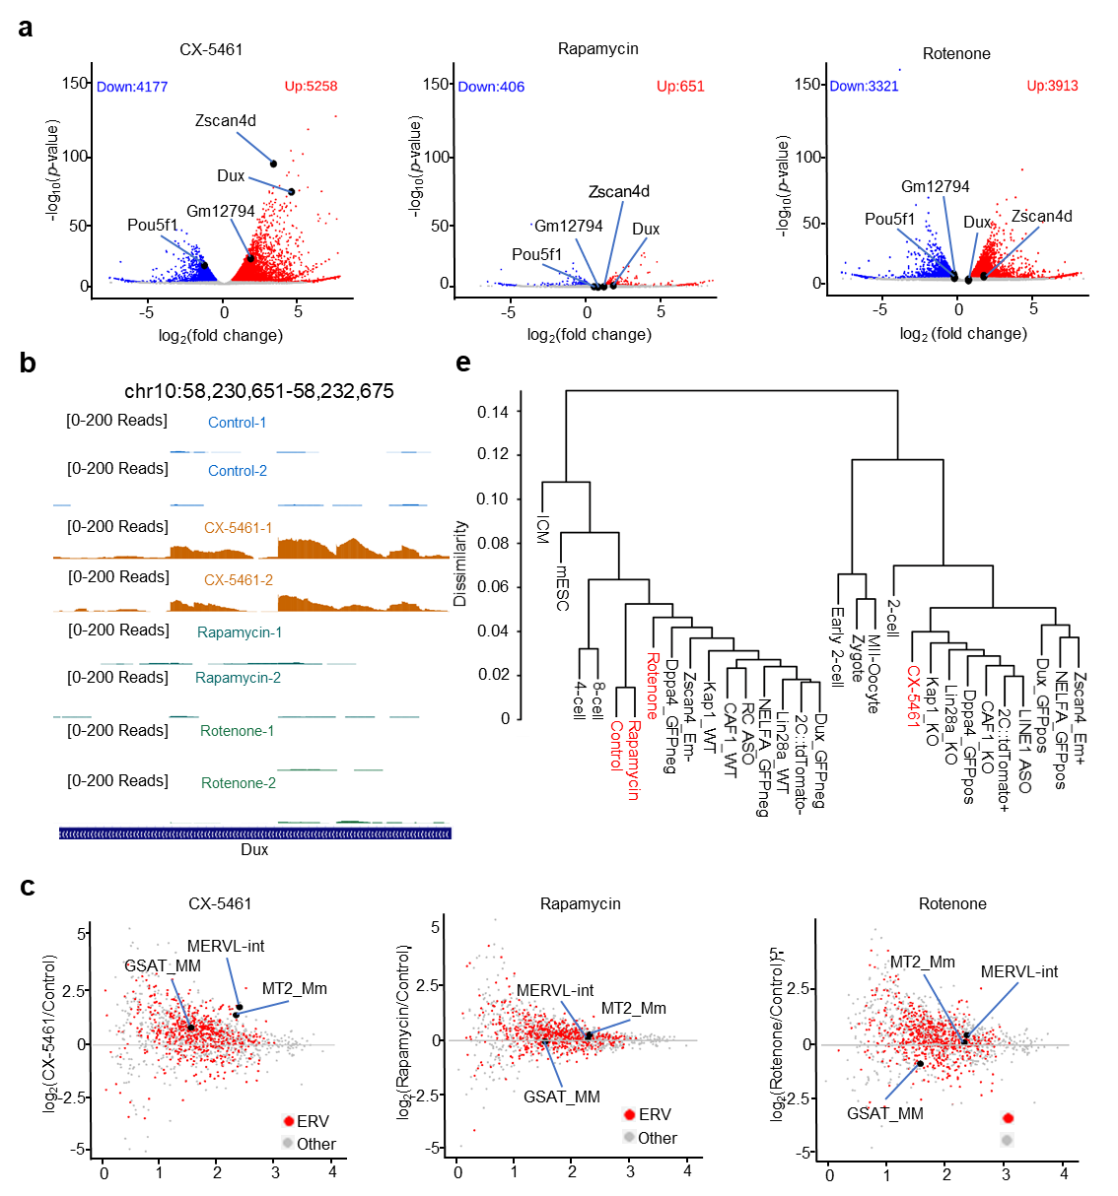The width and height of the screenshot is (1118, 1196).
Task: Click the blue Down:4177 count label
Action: coord(132,87)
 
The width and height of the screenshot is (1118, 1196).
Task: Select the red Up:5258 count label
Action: coord(311,86)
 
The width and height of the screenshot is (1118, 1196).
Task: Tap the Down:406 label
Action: coord(491,87)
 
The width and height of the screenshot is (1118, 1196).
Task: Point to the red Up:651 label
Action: coord(680,86)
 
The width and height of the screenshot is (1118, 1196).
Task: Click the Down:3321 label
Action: coord(864,86)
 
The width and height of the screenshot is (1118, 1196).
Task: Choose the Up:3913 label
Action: coord(1052,86)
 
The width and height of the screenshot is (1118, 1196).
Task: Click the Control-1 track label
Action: coord(237,423)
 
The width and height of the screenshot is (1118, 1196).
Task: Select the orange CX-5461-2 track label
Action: coord(239,580)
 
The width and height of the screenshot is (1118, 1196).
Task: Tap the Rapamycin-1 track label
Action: coord(240,632)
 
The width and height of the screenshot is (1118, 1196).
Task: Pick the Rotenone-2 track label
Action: coord(239,783)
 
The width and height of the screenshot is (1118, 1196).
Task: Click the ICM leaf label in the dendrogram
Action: coord(542,529)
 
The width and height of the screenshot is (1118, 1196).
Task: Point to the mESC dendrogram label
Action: coord(562,587)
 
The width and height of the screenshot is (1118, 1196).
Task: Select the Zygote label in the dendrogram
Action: coord(856,658)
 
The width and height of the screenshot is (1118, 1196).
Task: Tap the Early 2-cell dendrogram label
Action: coord(837,646)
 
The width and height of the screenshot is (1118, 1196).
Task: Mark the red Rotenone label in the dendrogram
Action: coord(652,685)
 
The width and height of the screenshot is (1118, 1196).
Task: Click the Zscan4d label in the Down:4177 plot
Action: coord(226,121)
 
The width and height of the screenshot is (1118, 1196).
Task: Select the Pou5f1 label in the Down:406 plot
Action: coord(536,255)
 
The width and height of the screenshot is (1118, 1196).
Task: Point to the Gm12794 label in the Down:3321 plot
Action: coord(935,187)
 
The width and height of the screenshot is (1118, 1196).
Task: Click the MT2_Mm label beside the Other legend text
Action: coord(294,989)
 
